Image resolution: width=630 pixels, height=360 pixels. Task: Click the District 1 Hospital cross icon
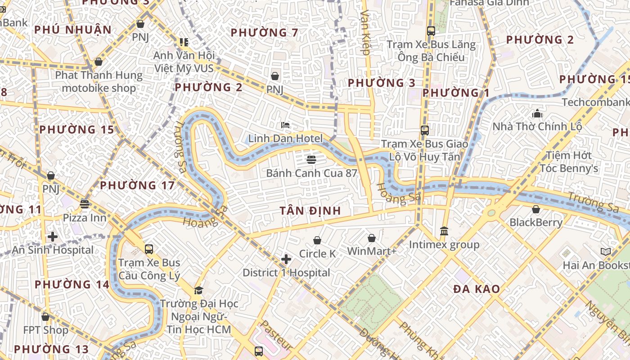tap(286, 259)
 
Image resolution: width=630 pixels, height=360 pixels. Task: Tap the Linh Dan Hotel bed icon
tap(285, 125)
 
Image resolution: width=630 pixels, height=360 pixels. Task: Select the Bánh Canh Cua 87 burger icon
tap(311, 159)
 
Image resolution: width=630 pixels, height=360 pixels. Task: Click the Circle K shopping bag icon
tap(317, 240)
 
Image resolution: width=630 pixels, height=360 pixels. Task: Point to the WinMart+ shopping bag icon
tap(372, 238)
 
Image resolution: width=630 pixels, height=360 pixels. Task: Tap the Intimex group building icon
tap(444, 231)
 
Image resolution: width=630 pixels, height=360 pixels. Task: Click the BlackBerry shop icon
tap(536, 209)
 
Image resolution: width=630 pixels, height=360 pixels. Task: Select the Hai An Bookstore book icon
tap(606, 252)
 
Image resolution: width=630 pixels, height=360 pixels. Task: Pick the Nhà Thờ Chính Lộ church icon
tap(537, 113)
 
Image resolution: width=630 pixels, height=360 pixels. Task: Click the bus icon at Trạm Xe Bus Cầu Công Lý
tap(149, 249)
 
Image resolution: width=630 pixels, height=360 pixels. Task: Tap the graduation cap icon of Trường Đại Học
tap(198, 290)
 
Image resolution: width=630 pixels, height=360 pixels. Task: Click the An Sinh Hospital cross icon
tap(53, 236)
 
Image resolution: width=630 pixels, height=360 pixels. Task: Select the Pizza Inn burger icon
tap(84, 204)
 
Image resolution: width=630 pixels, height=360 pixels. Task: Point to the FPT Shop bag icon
tap(45, 317)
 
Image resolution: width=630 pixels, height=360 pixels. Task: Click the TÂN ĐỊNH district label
tap(310, 211)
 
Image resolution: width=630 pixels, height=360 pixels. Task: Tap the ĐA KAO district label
tap(477, 289)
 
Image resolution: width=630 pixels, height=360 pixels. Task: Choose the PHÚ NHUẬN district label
tap(73, 30)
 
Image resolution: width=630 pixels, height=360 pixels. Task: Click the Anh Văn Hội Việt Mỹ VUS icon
tap(184, 42)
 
